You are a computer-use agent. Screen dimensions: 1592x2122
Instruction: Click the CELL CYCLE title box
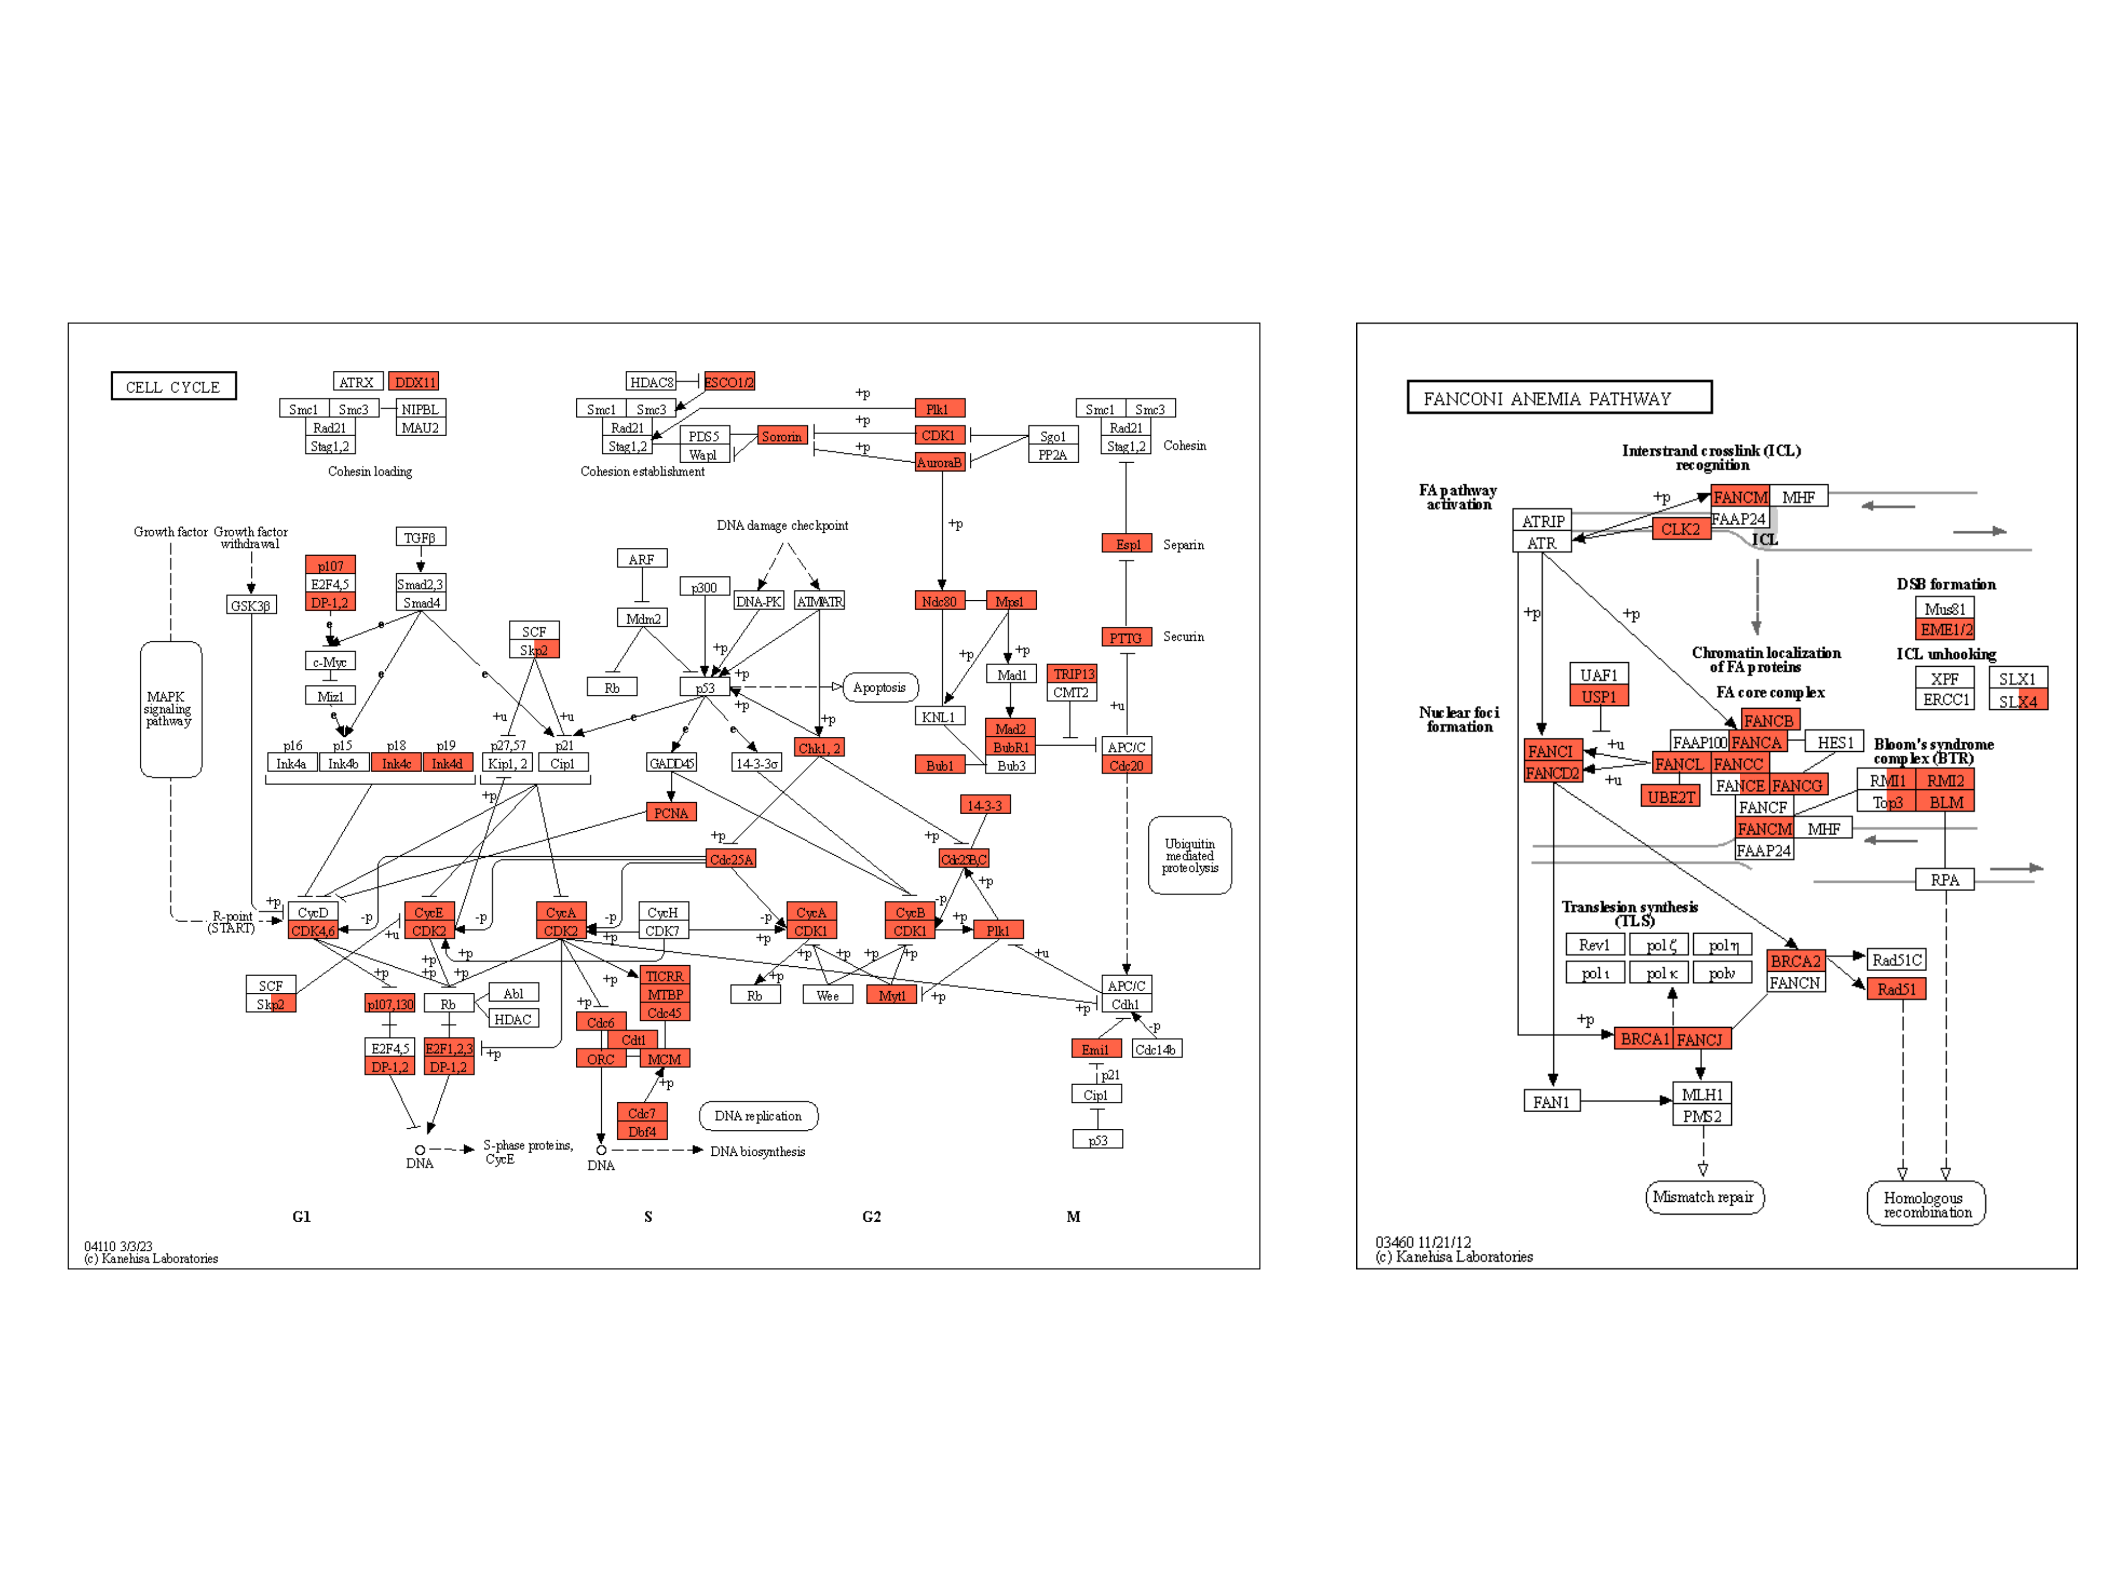tap(174, 386)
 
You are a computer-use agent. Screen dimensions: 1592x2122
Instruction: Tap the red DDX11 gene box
tap(414, 382)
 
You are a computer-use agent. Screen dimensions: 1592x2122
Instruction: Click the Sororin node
tap(782, 437)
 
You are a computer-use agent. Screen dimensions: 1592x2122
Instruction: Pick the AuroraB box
tap(939, 463)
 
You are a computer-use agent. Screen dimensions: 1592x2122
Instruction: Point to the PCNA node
tap(670, 813)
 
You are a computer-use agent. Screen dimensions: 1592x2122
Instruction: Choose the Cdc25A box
tap(731, 859)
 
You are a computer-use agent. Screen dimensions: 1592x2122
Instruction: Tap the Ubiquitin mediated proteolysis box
tap(1190, 855)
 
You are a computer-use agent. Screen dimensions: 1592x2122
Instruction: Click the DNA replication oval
tap(758, 1116)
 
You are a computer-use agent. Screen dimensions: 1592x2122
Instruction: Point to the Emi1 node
tap(1095, 1049)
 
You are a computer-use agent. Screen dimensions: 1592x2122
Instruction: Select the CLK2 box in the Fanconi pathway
tap(1680, 529)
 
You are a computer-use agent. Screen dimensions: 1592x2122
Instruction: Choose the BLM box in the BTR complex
tap(1946, 802)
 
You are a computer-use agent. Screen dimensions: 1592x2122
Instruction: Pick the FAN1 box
tap(1551, 1102)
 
